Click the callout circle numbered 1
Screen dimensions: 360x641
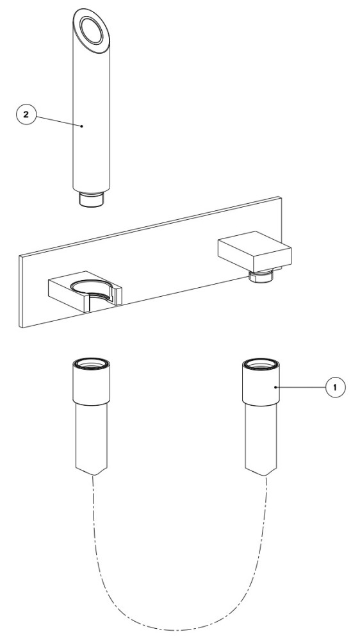coord(335,387)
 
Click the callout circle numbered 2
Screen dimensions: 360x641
coord(26,114)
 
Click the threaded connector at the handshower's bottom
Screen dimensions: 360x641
coord(91,199)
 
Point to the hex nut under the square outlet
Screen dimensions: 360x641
coord(261,276)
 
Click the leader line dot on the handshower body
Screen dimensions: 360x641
coord(82,126)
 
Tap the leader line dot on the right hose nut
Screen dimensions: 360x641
coord(276,387)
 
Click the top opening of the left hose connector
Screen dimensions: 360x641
coord(91,363)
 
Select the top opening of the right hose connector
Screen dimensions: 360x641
coord(261,363)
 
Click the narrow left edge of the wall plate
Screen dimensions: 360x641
coord(20,292)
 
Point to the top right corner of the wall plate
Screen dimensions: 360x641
coord(281,197)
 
